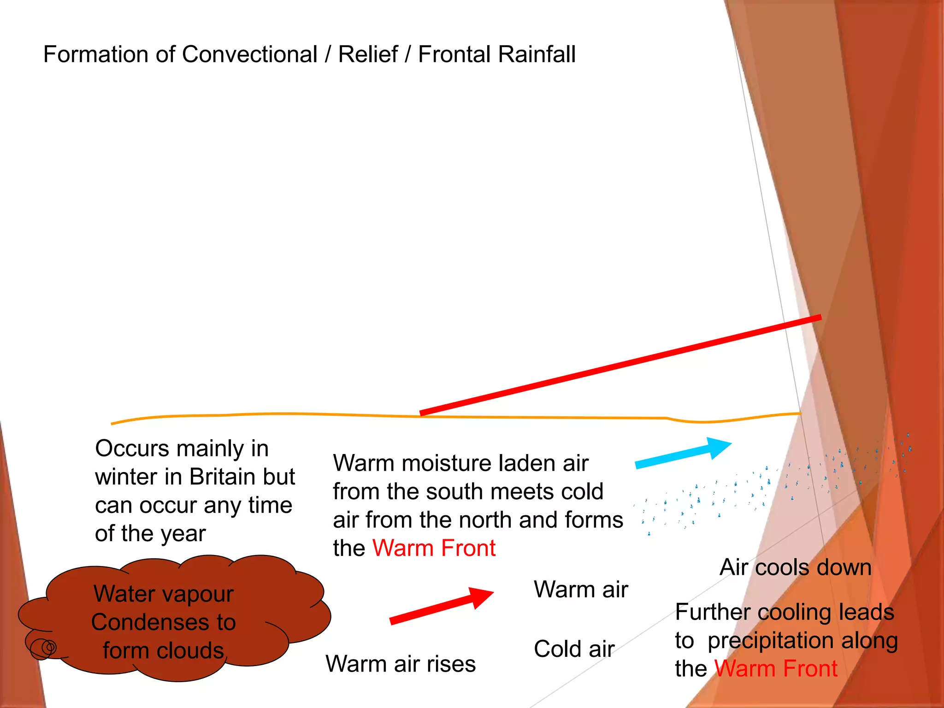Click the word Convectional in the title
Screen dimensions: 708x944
[x=249, y=54]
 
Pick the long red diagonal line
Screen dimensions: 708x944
[x=620, y=366]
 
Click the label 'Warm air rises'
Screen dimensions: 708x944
[x=400, y=664]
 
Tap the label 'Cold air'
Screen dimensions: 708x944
[x=574, y=649]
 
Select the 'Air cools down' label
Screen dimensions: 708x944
[x=795, y=567]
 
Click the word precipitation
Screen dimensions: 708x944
[x=770, y=641]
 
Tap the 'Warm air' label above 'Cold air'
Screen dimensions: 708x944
[x=580, y=590]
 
